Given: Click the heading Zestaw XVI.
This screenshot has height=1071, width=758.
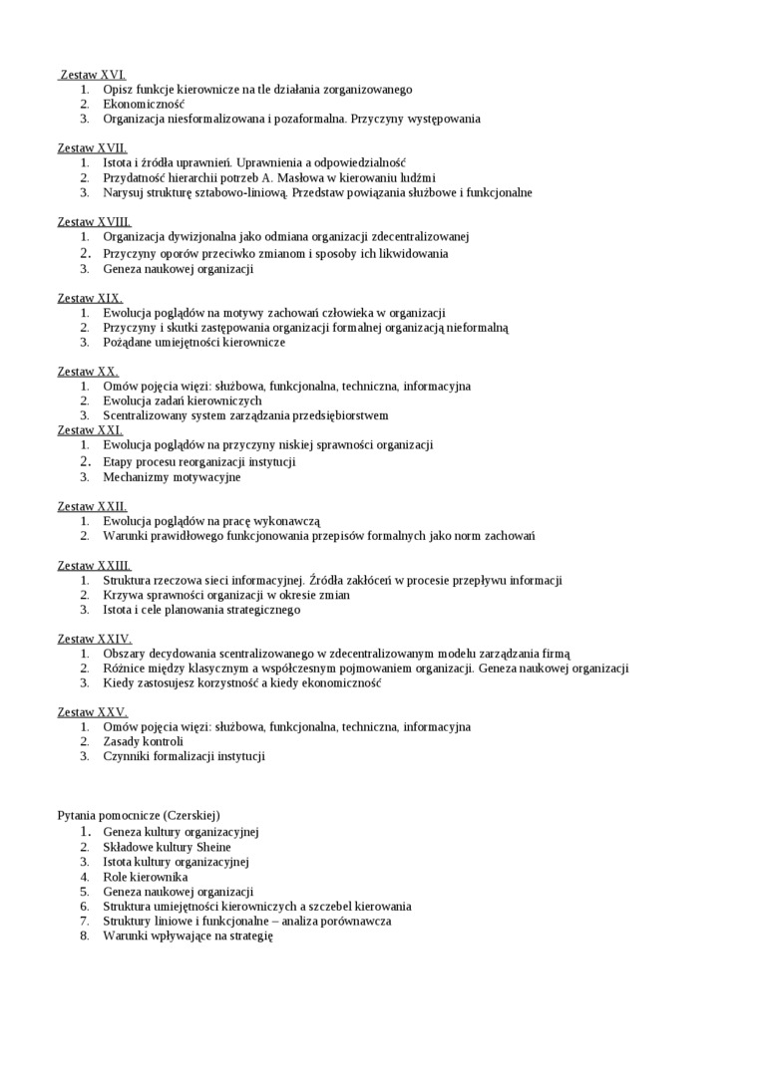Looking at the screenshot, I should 93,75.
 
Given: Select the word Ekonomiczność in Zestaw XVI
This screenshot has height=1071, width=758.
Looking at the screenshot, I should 144,104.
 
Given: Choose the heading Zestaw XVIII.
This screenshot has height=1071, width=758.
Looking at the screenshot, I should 95,222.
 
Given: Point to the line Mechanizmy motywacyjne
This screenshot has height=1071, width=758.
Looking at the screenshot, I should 172,477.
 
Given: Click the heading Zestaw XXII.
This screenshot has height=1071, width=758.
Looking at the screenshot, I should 93,506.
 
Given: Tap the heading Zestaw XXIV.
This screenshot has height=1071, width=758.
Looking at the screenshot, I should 95,639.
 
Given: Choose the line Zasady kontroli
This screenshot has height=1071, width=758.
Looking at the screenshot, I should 143,741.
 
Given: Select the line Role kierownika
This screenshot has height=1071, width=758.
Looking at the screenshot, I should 145,877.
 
